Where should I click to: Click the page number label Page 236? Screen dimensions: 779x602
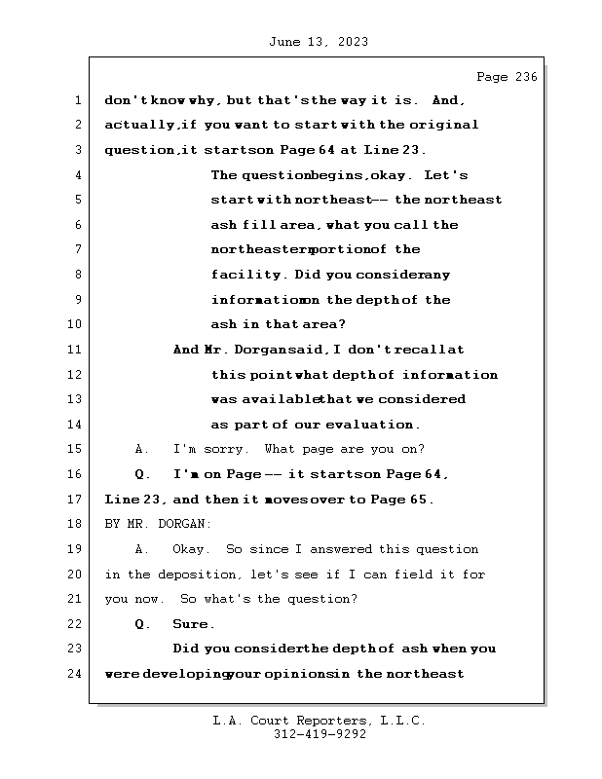[506, 77]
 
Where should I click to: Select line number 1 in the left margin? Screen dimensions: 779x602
[76, 100]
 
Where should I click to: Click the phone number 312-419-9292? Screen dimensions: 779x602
[320, 736]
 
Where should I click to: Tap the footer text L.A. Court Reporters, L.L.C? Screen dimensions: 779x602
[319, 721]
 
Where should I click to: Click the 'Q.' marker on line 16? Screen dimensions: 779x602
[142, 474]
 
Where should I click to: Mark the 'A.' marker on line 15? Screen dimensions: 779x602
[142, 449]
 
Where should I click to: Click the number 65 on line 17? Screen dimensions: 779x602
[424, 500]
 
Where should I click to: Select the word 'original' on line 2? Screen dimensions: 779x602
[443, 125]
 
